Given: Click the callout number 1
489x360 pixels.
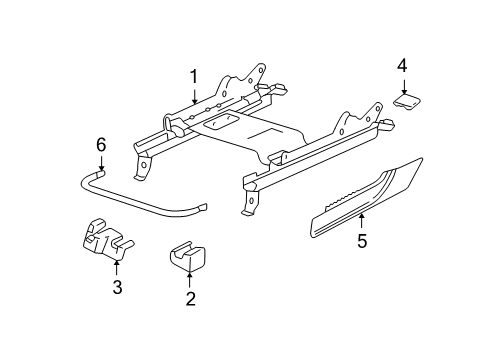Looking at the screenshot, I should click(195, 76).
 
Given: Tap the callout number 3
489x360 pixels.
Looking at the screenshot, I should click(117, 289).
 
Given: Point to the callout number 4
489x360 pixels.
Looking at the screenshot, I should click(401, 66).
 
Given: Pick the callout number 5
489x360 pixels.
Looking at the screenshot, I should click(362, 240).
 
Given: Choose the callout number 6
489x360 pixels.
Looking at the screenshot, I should click(100, 146).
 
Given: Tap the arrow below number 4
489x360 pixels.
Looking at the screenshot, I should click(402, 87).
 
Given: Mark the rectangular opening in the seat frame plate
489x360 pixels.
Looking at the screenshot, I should click(223, 119).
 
